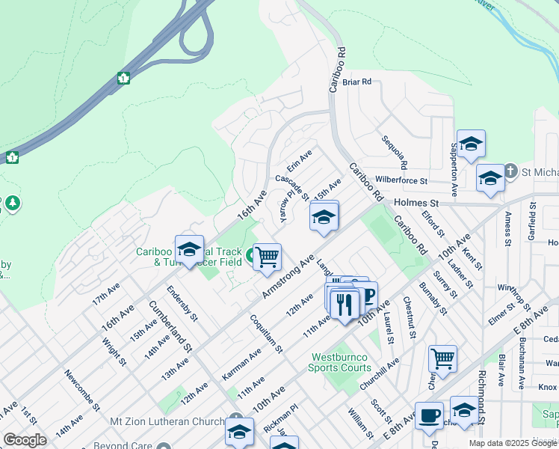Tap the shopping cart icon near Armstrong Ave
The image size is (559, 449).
click(267, 257)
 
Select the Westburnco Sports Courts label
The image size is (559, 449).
click(341, 362)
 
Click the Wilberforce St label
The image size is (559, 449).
click(401, 180)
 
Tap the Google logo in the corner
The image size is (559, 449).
click(25, 440)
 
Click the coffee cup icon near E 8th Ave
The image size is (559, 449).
click(429, 415)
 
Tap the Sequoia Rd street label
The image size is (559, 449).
click(394, 152)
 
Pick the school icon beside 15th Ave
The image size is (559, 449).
click(324, 217)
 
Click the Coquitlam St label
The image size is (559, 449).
click(268, 332)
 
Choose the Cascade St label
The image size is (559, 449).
click(291, 186)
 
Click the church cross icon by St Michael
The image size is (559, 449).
click(510, 171)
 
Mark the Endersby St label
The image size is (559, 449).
click(182, 303)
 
